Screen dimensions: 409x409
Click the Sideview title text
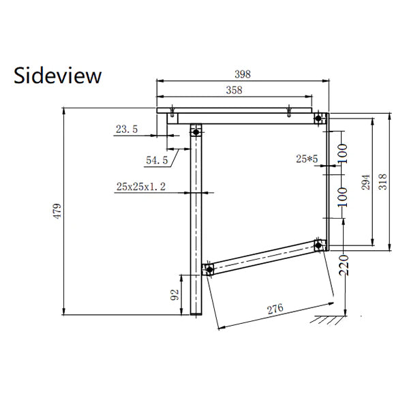pos(57,76)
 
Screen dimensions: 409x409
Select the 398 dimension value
pos(243,74)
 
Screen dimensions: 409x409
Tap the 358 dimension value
pos(234,90)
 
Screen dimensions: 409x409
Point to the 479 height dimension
pos(57,211)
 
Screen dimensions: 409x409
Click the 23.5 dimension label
pos(127,129)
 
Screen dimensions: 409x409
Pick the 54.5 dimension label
pos(157,160)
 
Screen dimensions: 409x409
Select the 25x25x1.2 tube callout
pos(141,187)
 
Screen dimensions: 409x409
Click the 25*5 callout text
pos(307,159)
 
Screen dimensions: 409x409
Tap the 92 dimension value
pos(175,294)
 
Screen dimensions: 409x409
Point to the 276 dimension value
pos(275,309)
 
